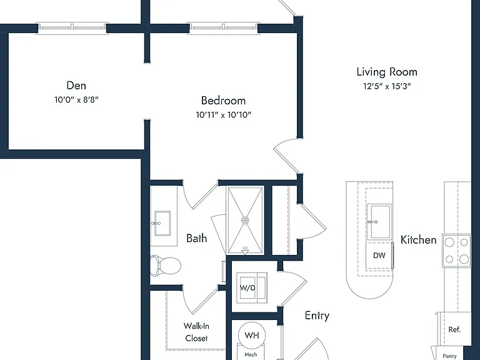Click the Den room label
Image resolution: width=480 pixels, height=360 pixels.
click(x=76, y=86)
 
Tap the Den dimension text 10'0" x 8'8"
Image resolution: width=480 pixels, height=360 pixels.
click(x=76, y=99)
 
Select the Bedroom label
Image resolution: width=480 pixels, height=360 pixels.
click(x=223, y=101)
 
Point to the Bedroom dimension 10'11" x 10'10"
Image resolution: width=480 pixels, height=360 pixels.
click(x=224, y=115)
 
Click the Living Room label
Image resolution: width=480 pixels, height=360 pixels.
click(x=387, y=72)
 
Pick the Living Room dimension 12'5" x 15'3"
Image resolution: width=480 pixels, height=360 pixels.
click(x=387, y=86)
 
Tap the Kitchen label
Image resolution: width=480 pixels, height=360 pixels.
click(x=419, y=240)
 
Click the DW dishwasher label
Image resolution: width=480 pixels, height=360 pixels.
click(x=379, y=255)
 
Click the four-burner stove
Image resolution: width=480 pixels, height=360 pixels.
click(x=456, y=251)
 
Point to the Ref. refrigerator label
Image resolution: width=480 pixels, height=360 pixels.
click(x=454, y=330)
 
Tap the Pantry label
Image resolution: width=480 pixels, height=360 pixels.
click(x=450, y=356)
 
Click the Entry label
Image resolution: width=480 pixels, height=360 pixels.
click(x=317, y=316)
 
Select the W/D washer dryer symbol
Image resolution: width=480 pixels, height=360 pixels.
click(x=252, y=287)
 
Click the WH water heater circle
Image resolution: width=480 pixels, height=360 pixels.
click(x=252, y=335)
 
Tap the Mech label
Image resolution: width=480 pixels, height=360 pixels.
click(x=251, y=354)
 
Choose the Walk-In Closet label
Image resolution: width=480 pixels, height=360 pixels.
click(x=196, y=332)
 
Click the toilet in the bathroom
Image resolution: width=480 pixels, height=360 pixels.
click(x=166, y=265)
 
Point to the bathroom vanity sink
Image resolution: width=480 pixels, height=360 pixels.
click(x=162, y=223)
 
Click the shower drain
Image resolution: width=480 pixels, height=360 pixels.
click(x=245, y=220)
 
